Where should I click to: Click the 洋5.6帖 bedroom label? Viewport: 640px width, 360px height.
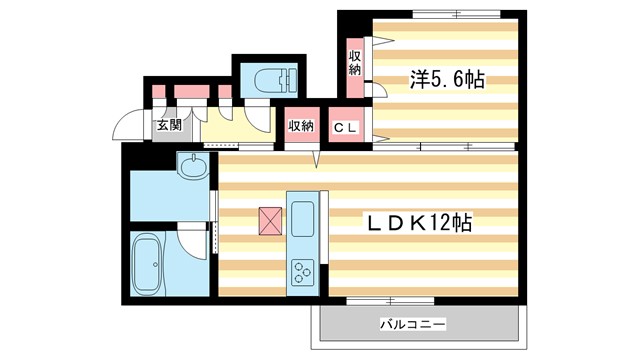446,80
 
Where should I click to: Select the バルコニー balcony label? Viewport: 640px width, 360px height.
411,324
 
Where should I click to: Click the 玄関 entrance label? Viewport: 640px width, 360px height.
169,125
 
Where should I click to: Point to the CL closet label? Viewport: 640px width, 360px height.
347,126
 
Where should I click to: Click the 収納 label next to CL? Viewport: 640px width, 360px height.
302,126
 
